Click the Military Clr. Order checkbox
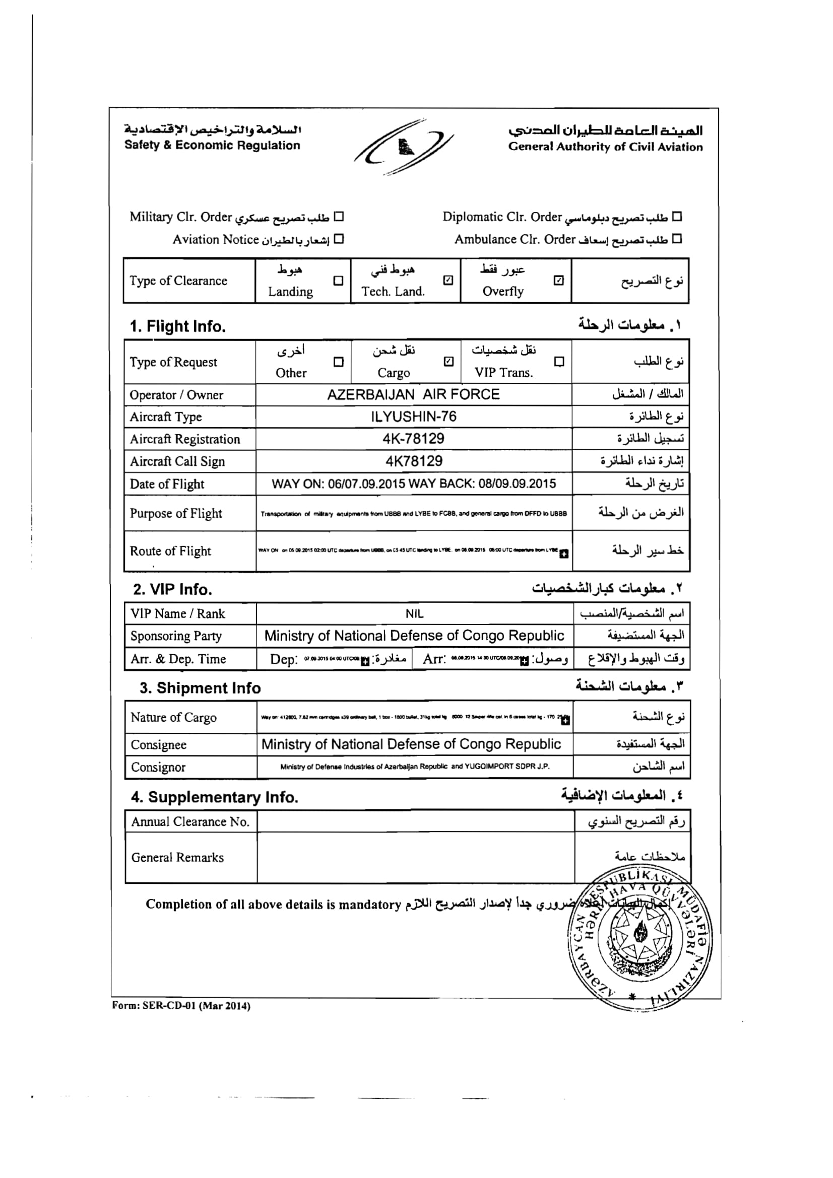click(339, 217)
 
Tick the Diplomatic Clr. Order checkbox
click(677, 217)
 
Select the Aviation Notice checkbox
click(339, 239)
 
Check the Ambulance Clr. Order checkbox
click(677, 239)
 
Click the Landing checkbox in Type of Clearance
click(338, 281)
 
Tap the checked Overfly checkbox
click(559, 280)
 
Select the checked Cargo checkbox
click(448, 362)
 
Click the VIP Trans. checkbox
click(559, 362)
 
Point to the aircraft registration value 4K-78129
click(413, 439)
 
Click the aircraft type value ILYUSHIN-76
click(413, 417)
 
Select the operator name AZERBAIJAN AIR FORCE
click(413, 394)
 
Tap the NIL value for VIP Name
click(414, 613)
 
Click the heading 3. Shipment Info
click(200, 688)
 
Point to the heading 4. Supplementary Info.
click(215, 797)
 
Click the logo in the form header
click(404, 147)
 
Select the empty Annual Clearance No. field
click(415, 821)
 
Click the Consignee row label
click(159, 744)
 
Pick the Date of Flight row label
click(167, 484)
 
